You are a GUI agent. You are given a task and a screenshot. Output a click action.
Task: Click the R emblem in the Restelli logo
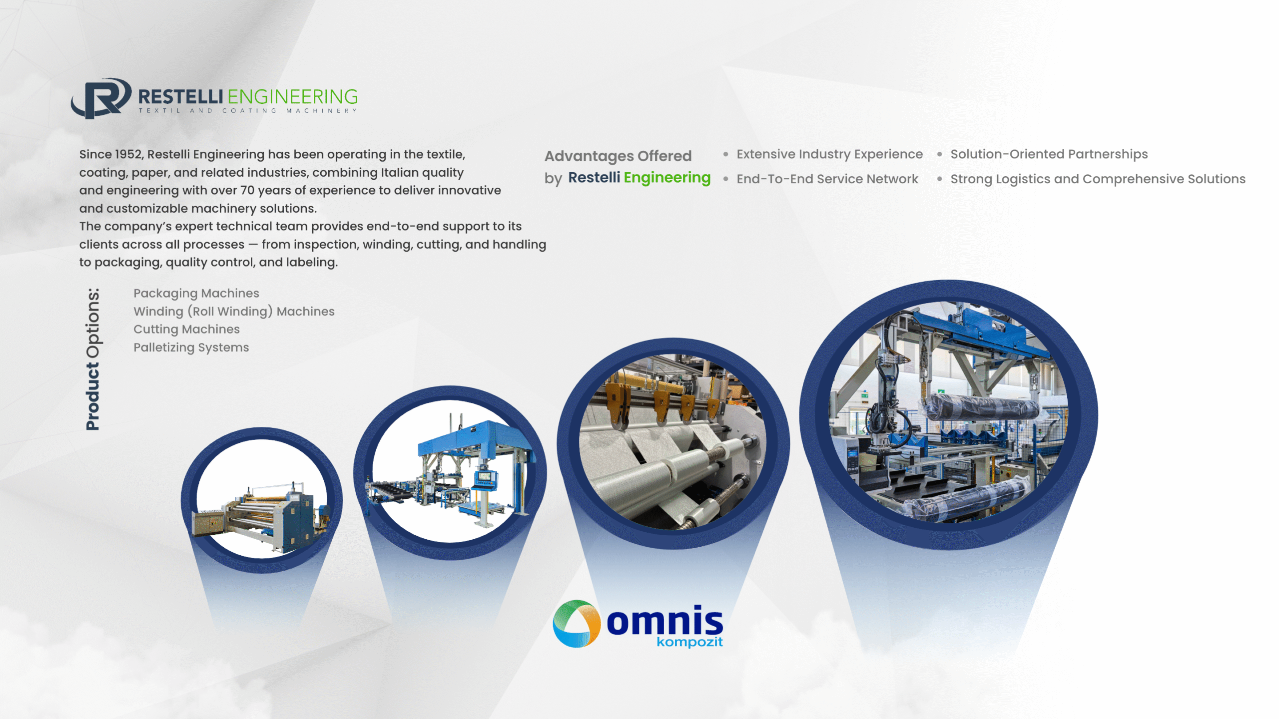101,98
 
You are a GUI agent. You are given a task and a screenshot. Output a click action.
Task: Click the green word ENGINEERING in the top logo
293,96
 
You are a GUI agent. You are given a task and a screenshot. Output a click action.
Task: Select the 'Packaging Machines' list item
196,293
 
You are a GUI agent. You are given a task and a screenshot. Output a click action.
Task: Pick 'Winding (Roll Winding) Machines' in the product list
234,311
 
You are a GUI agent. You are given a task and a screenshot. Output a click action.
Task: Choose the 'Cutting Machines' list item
186,329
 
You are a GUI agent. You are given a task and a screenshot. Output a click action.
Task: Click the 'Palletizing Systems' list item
191,347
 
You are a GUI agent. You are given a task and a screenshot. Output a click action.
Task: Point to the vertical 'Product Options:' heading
92,359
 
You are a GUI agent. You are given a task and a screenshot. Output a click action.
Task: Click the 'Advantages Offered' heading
618,156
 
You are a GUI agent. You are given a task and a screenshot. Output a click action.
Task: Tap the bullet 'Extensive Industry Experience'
829,154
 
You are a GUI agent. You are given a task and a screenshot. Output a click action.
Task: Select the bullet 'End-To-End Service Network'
827,179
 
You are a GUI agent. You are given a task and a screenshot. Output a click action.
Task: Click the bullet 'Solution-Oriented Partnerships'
1049,154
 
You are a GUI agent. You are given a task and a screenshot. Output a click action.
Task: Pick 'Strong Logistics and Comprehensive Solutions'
1098,179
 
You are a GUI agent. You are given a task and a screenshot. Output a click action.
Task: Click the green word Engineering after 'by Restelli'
667,178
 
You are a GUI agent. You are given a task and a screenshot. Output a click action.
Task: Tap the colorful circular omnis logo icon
577,624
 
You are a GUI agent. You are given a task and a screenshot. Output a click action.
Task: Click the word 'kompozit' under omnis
689,642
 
